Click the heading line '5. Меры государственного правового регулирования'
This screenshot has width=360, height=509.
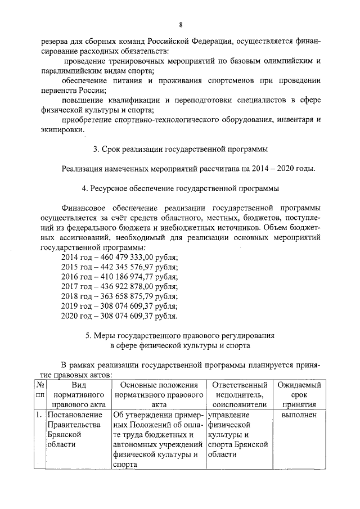[180, 336]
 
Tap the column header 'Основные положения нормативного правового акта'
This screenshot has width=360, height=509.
[159, 395]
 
